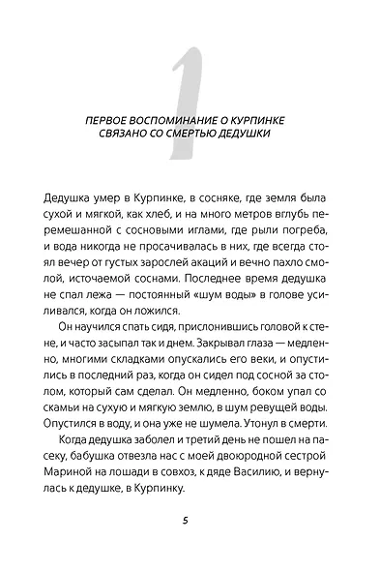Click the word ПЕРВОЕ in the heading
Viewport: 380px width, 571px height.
coord(137,117)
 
